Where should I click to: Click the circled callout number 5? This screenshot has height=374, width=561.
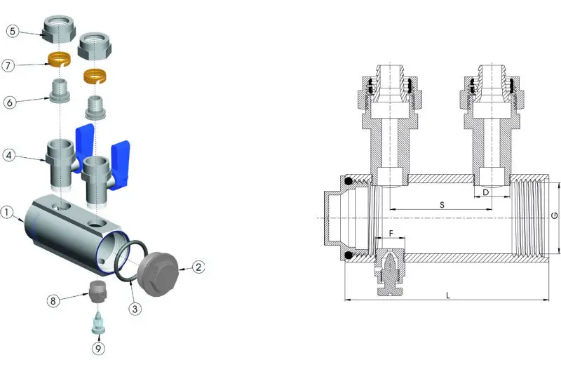(x=13, y=31)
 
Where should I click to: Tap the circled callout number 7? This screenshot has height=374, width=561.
(x=8, y=65)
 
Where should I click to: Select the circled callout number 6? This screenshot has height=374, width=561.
(x=10, y=102)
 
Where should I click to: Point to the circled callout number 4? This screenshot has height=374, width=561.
(x=9, y=155)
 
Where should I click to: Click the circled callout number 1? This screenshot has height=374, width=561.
(x=6, y=212)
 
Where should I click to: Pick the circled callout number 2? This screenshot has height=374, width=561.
(x=198, y=267)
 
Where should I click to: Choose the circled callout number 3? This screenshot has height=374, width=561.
(x=135, y=309)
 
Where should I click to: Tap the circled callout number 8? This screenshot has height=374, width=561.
(x=53, y=300)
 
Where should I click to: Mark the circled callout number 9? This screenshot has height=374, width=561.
(x=98, y=348)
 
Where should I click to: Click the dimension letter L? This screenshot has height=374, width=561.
(x=447, y=295)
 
